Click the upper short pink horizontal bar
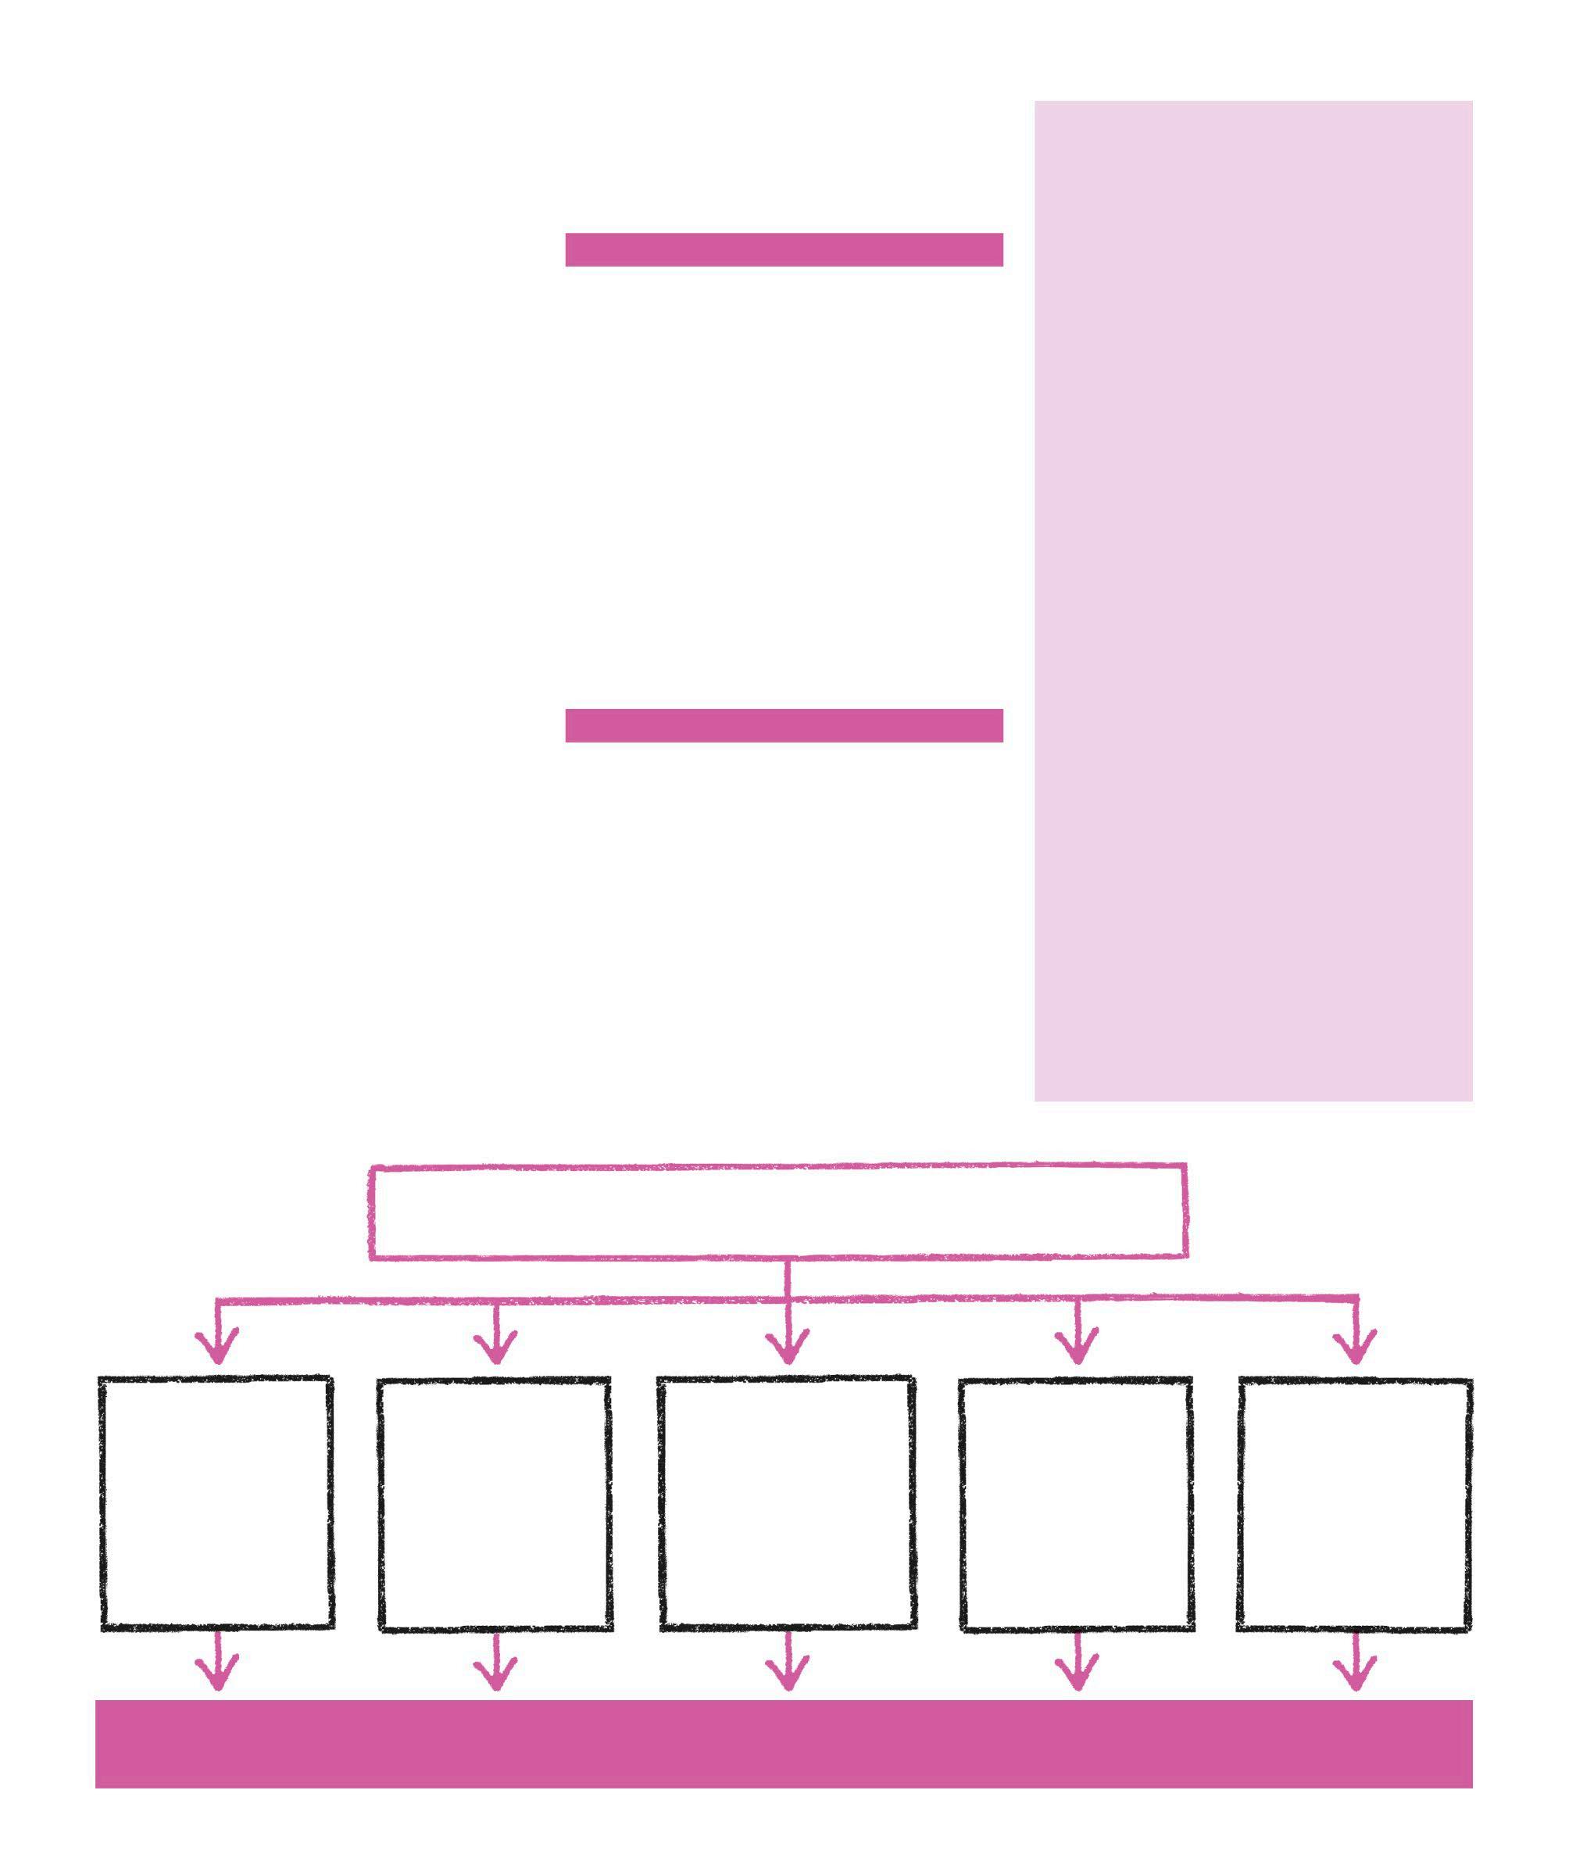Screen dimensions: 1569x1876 (784, 250)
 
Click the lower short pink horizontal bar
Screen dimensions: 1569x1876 (784, 725)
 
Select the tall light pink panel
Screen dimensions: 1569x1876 (1253, 600)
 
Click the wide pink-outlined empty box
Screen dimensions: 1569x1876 (779, 1212)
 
